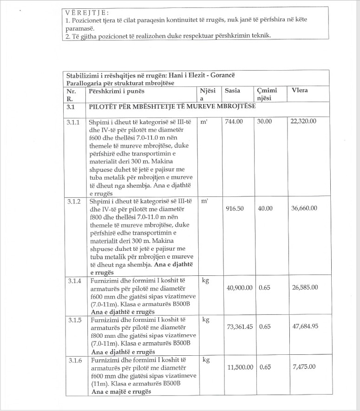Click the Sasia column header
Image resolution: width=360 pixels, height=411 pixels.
coord(232,91)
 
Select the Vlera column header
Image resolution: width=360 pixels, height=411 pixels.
coord(300,91)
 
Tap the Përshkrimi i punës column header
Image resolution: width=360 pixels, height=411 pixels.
coord(117,91)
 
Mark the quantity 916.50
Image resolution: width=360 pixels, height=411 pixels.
coord(235,209)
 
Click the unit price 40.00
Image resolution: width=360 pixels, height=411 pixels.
coord(265,209)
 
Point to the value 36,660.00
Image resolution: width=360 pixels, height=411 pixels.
coord(304,209)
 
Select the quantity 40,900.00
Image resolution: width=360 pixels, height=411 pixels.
coord(239,288)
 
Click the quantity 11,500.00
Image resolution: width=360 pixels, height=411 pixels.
coord(239,367)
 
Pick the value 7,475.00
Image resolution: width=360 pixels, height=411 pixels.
coord(305,367)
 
